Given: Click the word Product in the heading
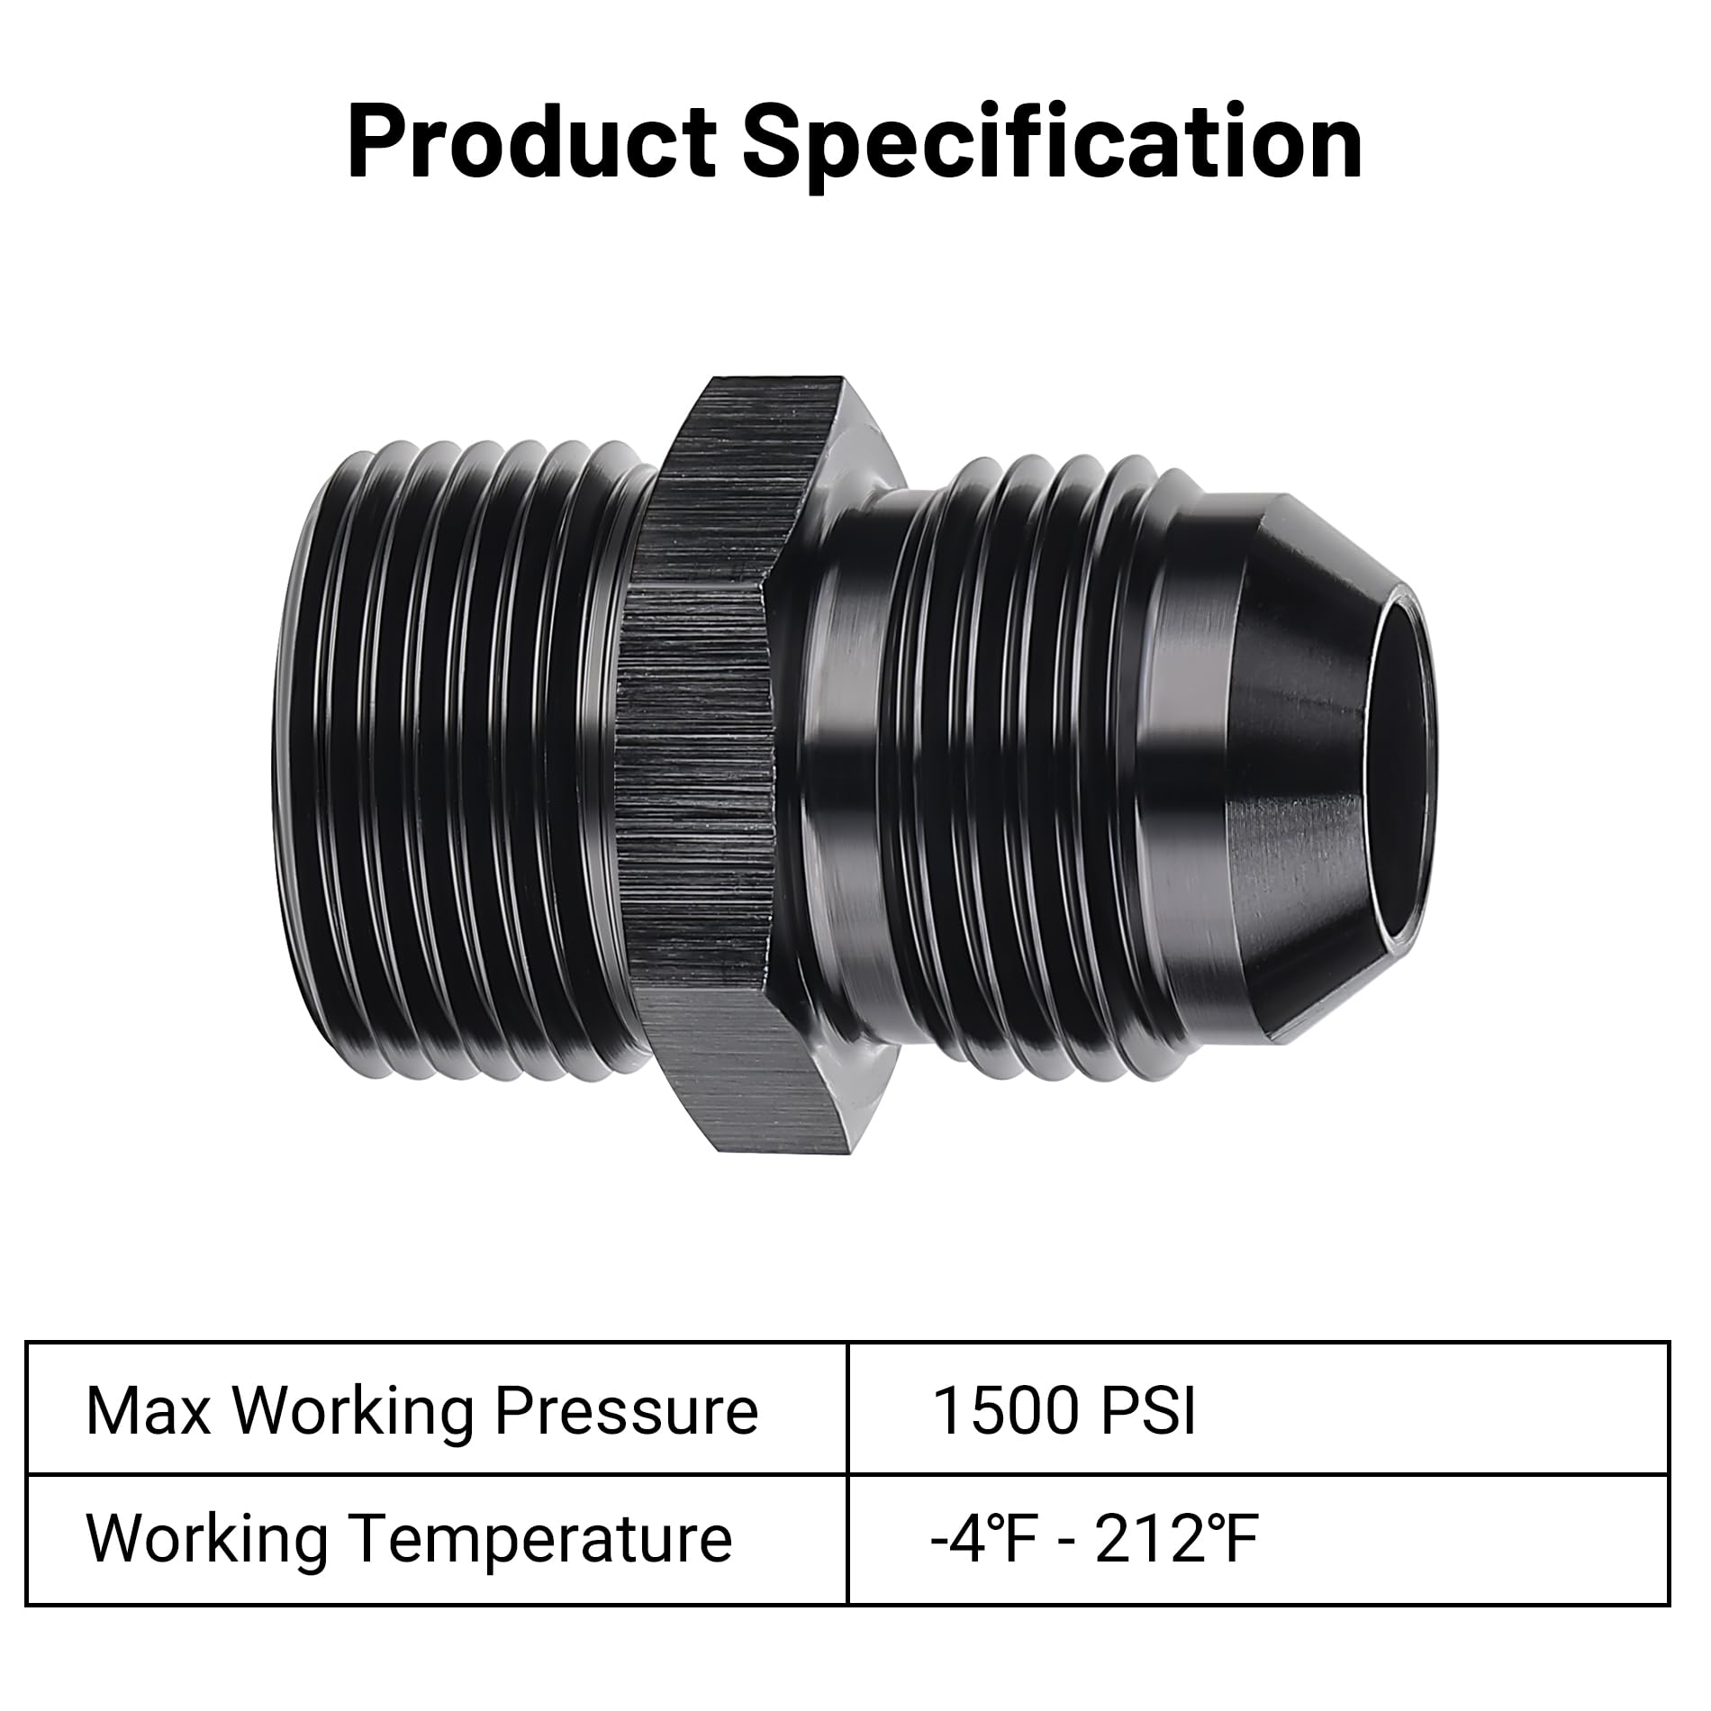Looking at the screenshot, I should tap(531, 142).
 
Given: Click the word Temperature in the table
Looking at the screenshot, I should tap(540, 1539).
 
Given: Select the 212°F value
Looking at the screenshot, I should tap(1176, 1539).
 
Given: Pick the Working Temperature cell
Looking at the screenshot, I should tap(437, 1539).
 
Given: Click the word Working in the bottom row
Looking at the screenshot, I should tap(207, 1539).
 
